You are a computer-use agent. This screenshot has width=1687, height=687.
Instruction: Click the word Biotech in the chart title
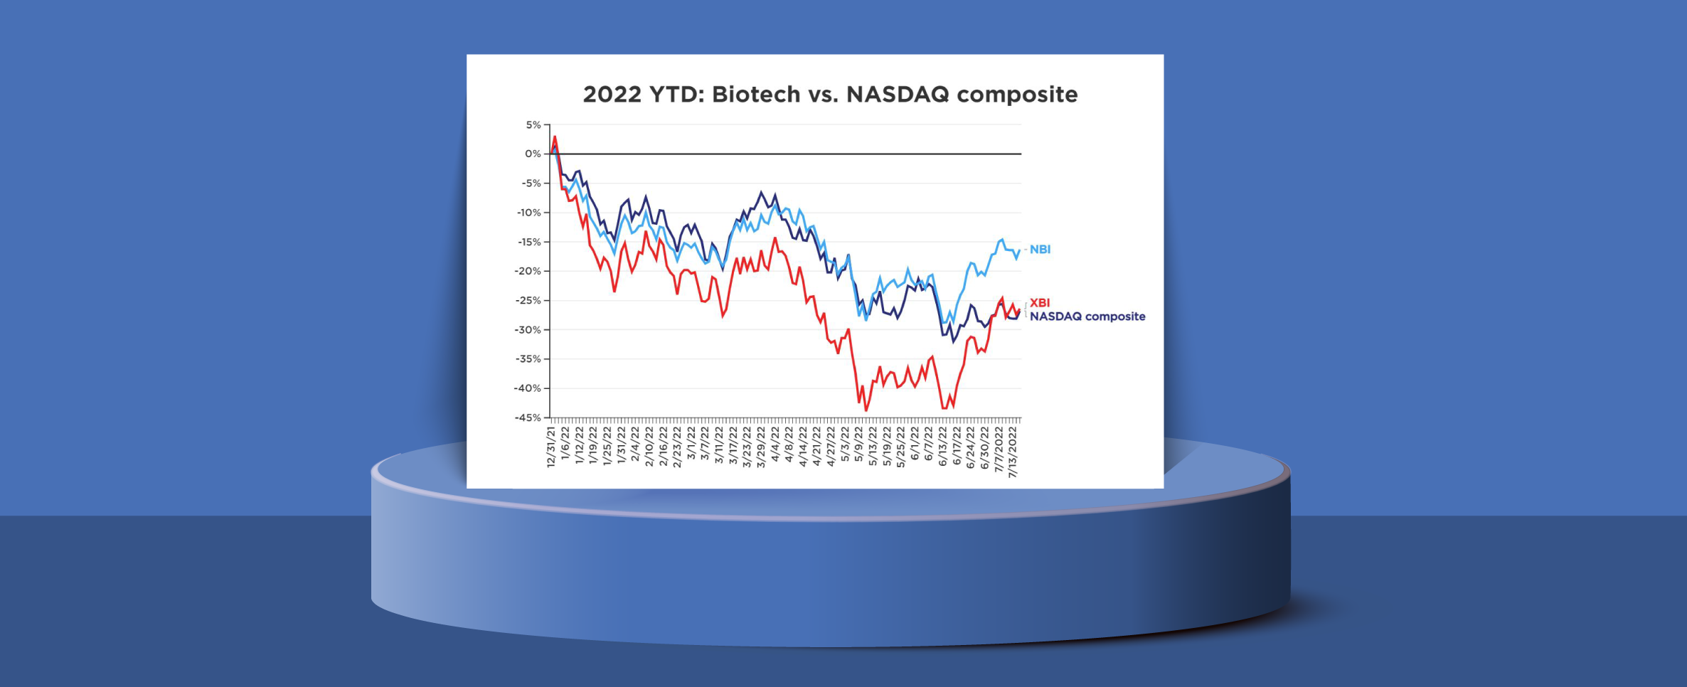756,95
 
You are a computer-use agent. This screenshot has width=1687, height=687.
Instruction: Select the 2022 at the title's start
612,95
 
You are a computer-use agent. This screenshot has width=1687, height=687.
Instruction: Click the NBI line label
1040,250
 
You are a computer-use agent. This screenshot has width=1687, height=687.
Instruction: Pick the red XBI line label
1039,303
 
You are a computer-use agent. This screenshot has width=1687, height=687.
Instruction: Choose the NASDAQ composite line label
1087,316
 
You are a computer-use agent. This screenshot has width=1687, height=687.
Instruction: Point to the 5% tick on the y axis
533,125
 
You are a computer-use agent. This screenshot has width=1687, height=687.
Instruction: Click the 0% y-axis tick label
533,154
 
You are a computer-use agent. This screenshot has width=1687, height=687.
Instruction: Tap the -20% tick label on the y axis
528,271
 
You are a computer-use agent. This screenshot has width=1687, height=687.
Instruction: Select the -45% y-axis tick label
528,417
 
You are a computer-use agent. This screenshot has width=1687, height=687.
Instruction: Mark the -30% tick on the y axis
528,330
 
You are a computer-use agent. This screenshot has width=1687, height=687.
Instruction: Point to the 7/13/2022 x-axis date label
1013,452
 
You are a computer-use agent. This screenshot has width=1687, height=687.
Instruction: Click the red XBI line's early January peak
555,137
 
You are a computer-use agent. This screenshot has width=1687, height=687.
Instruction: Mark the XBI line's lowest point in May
866,410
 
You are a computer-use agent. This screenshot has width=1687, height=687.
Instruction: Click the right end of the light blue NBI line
1020,250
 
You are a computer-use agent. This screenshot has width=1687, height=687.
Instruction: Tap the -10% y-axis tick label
528,213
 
